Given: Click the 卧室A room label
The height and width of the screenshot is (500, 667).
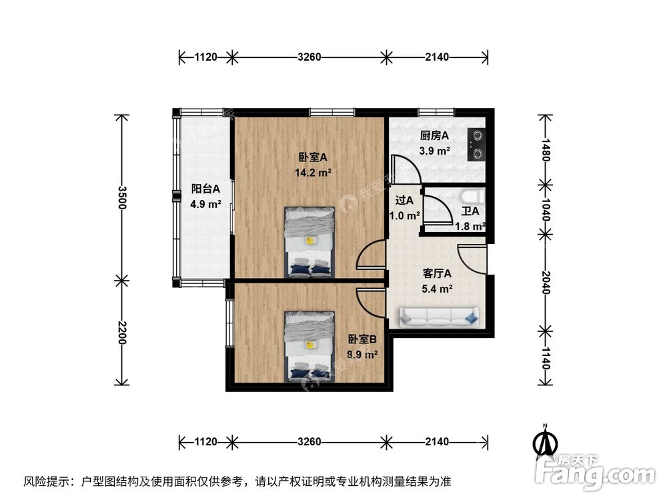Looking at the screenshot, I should (313, 158).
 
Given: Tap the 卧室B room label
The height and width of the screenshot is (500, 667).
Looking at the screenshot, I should (362, 340).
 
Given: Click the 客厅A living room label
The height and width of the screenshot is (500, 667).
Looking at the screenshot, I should (438, 273).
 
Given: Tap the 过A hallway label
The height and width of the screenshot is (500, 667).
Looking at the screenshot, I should (404, 200).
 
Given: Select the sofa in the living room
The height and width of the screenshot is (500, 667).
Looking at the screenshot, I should (438, 317).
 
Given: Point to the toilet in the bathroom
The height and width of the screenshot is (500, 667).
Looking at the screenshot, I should (472, 196).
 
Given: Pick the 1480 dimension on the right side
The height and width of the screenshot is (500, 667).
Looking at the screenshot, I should (546, 151).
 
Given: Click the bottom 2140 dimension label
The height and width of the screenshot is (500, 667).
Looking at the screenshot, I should (437, 441).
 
